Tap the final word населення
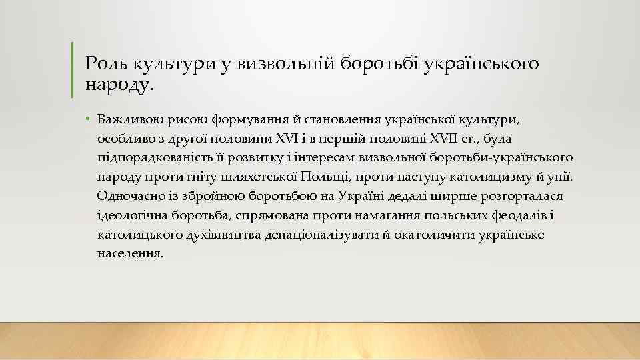coord(129,254)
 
